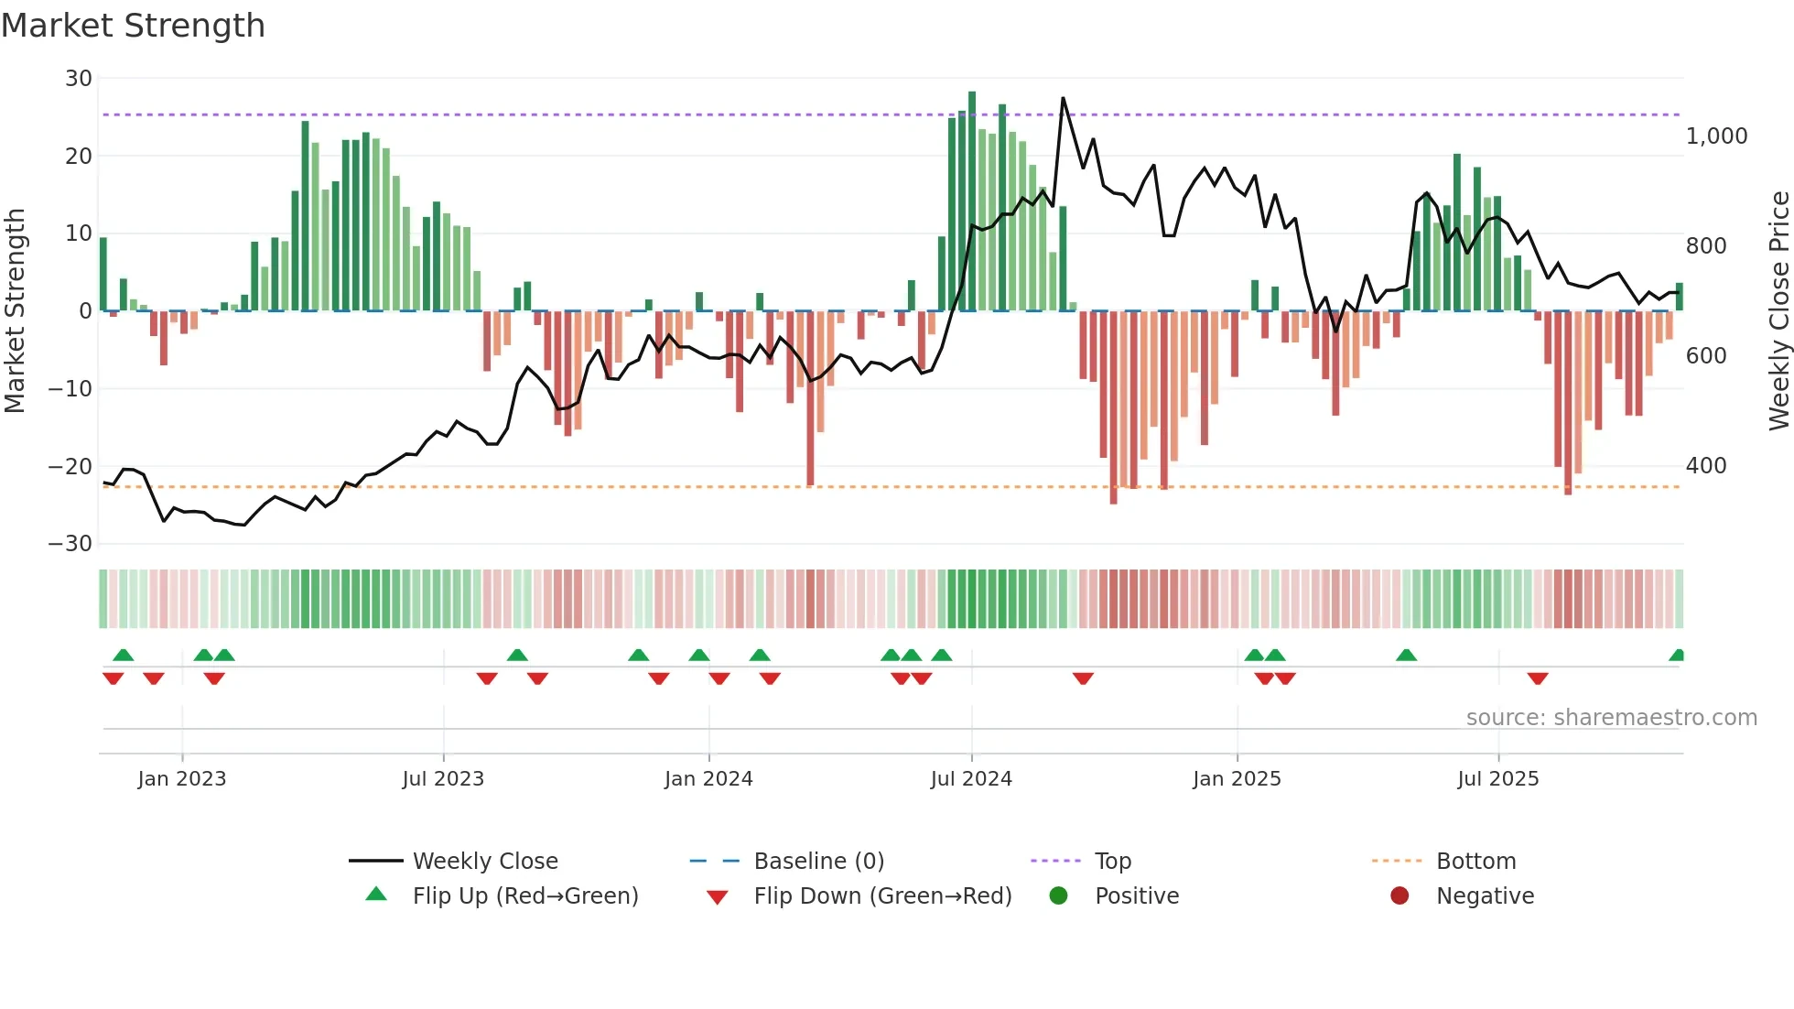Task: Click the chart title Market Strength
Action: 133,26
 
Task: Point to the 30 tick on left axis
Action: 79,79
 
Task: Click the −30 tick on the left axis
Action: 70,544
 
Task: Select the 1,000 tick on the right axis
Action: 1716,136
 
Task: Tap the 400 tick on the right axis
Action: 1705,466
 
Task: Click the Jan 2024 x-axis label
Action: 708,779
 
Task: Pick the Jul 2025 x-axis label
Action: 1497,779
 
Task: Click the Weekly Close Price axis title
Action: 1778,311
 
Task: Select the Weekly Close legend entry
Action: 485,862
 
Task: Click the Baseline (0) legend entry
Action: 818,862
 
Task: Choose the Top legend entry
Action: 1112,862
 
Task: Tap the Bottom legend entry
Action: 1475,862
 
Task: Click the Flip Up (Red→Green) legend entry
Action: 524,896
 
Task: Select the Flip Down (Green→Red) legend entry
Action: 882,896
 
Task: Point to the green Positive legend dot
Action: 1058,896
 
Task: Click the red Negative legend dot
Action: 1400,896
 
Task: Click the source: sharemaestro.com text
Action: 1611,718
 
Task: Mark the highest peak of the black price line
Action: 1063,98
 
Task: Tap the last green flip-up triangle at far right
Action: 1677,656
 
